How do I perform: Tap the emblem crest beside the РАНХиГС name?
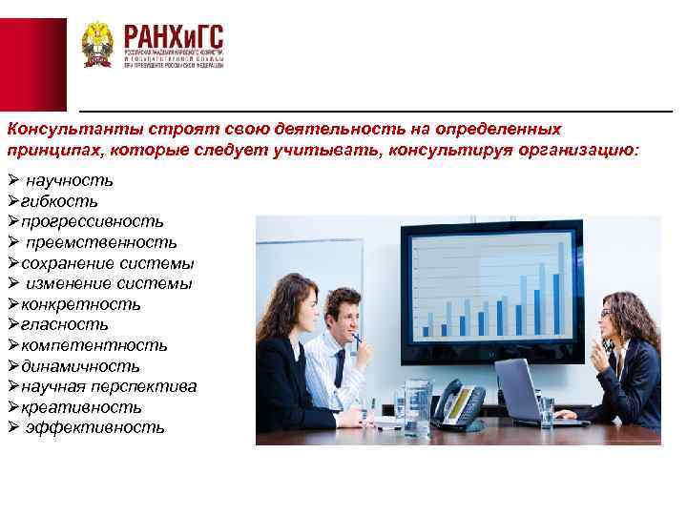97,45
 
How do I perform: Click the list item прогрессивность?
85,222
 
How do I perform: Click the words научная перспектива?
109,386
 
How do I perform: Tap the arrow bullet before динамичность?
13,366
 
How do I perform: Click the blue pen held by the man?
357,337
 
